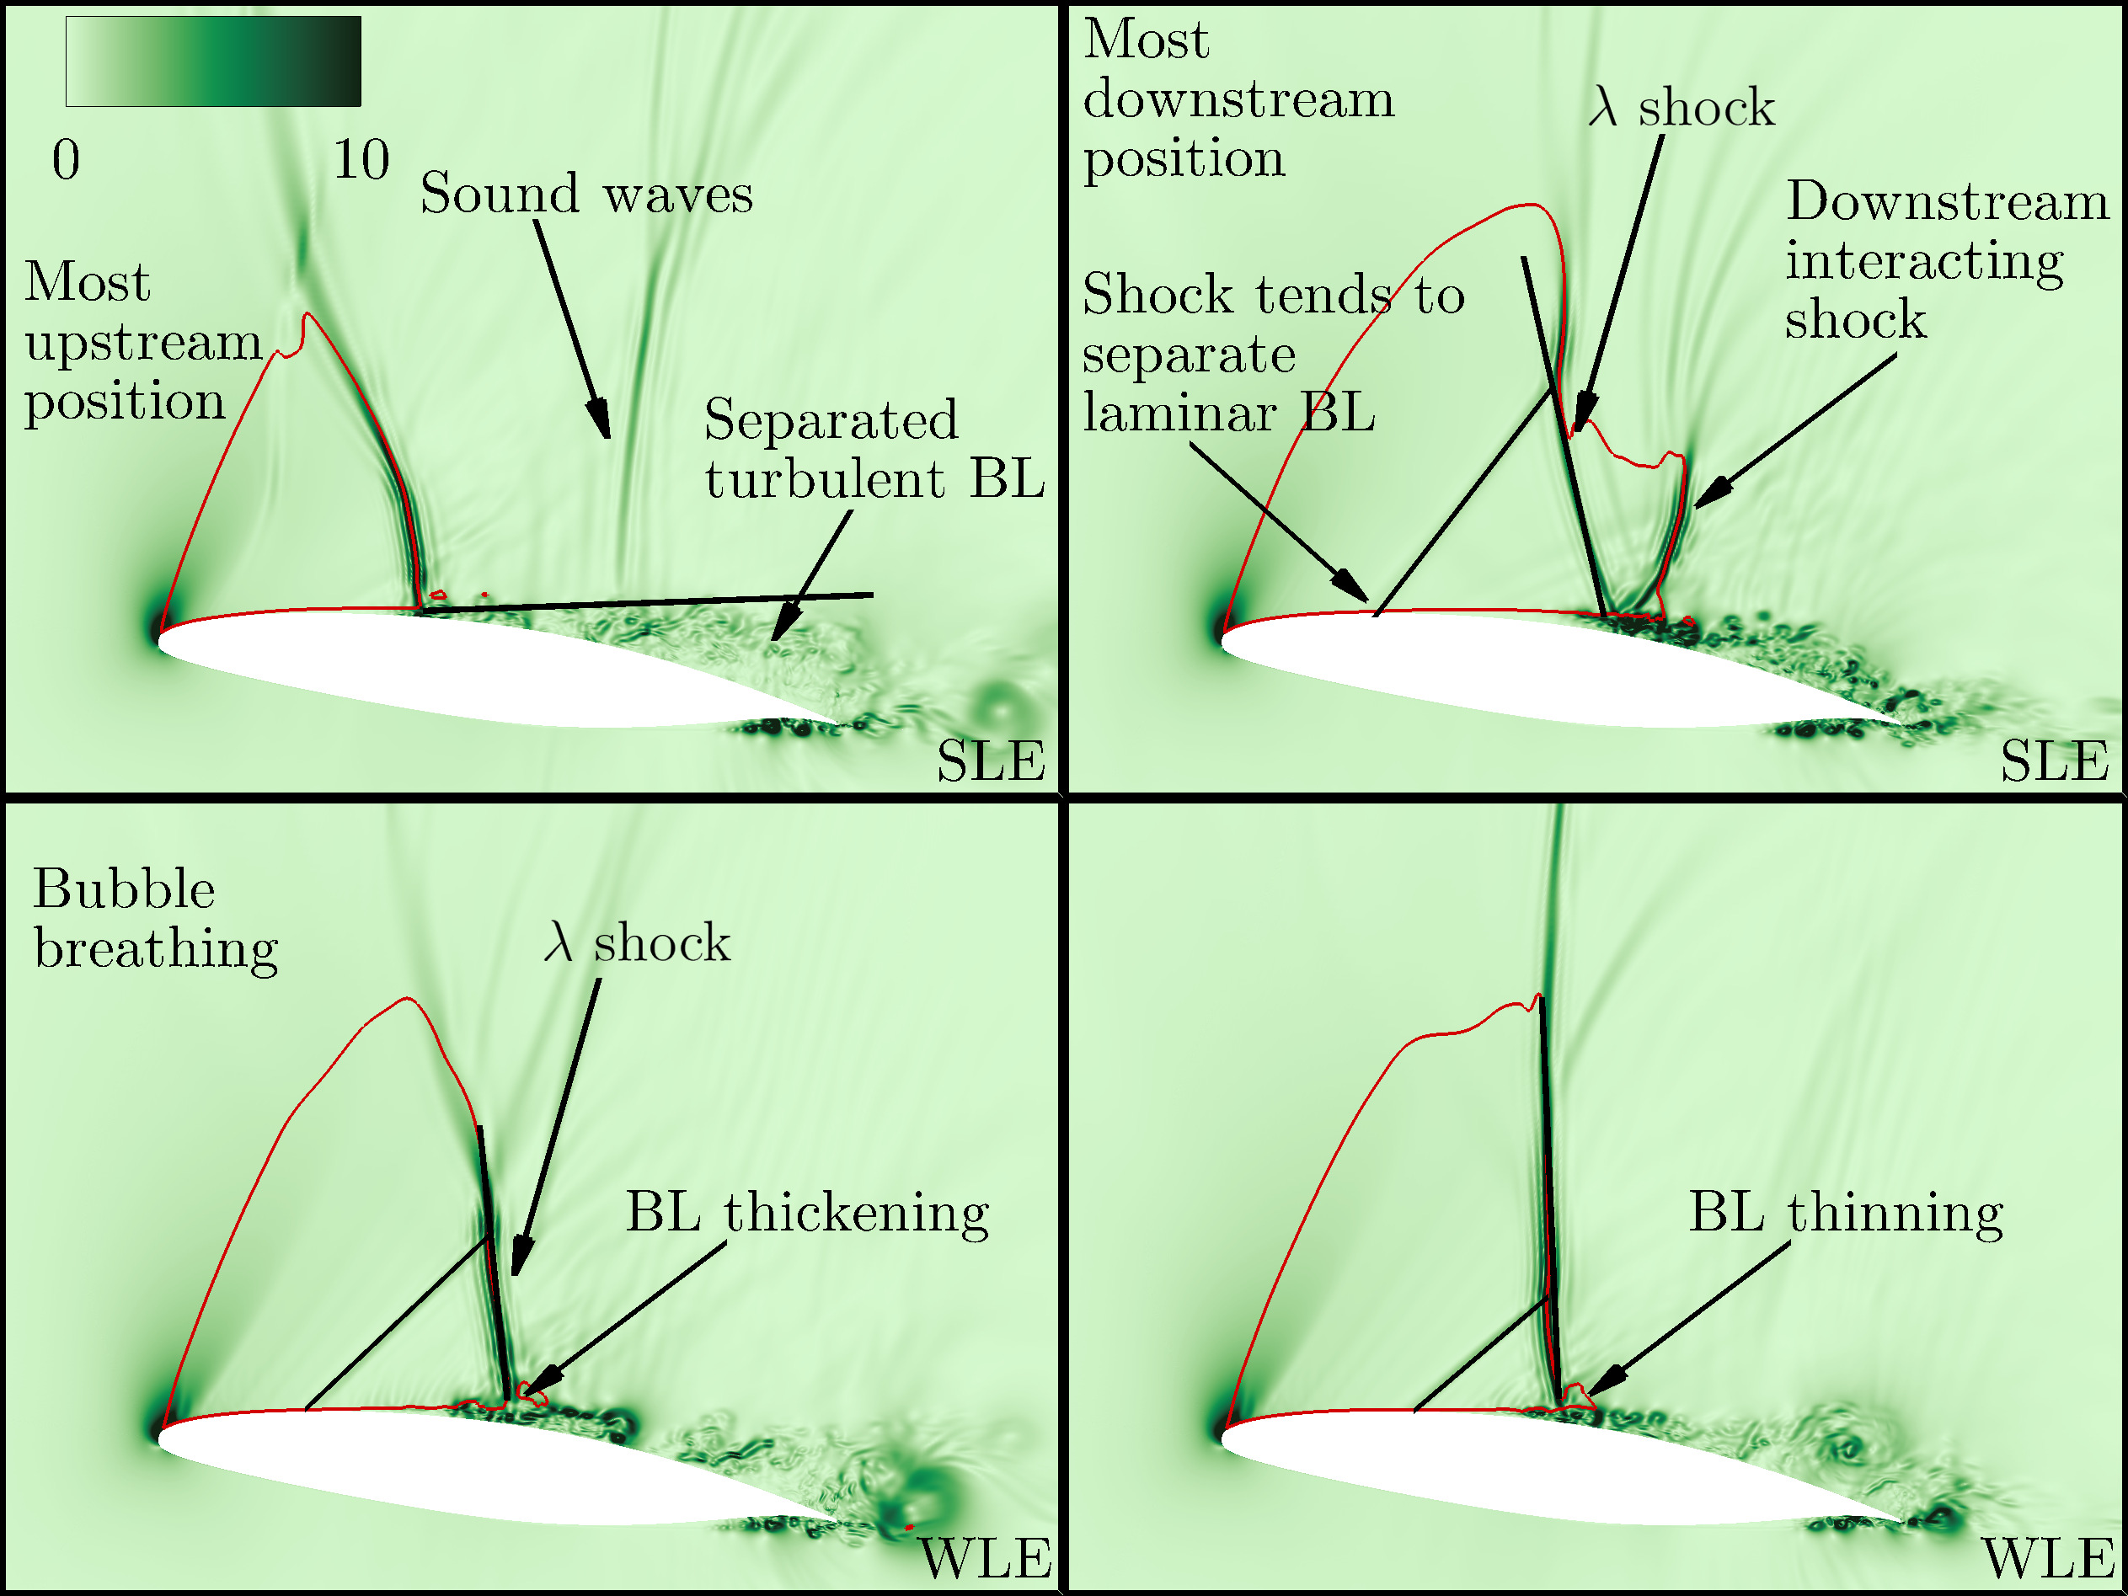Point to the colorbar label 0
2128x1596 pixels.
[66, 160]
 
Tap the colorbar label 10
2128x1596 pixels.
[361, 160]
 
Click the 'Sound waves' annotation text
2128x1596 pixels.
[585, 195]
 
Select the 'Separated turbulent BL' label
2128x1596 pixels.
[874, 449]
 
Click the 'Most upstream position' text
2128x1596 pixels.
[142, 342]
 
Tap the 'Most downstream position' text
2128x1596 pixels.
[1238, 99]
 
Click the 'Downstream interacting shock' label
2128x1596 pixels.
[1945, 259]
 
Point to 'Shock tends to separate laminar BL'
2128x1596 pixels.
[1272, 353]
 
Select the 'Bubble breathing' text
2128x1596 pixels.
[155, 919]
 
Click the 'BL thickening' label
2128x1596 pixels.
[807, 1213]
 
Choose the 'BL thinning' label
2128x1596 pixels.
[1846, 1213]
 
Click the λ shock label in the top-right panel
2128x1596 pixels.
[1681, 108]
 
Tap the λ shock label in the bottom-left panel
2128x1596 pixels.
[637, 942]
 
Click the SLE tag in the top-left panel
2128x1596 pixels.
[991, 762]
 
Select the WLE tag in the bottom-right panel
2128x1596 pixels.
[2048, 1560]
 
